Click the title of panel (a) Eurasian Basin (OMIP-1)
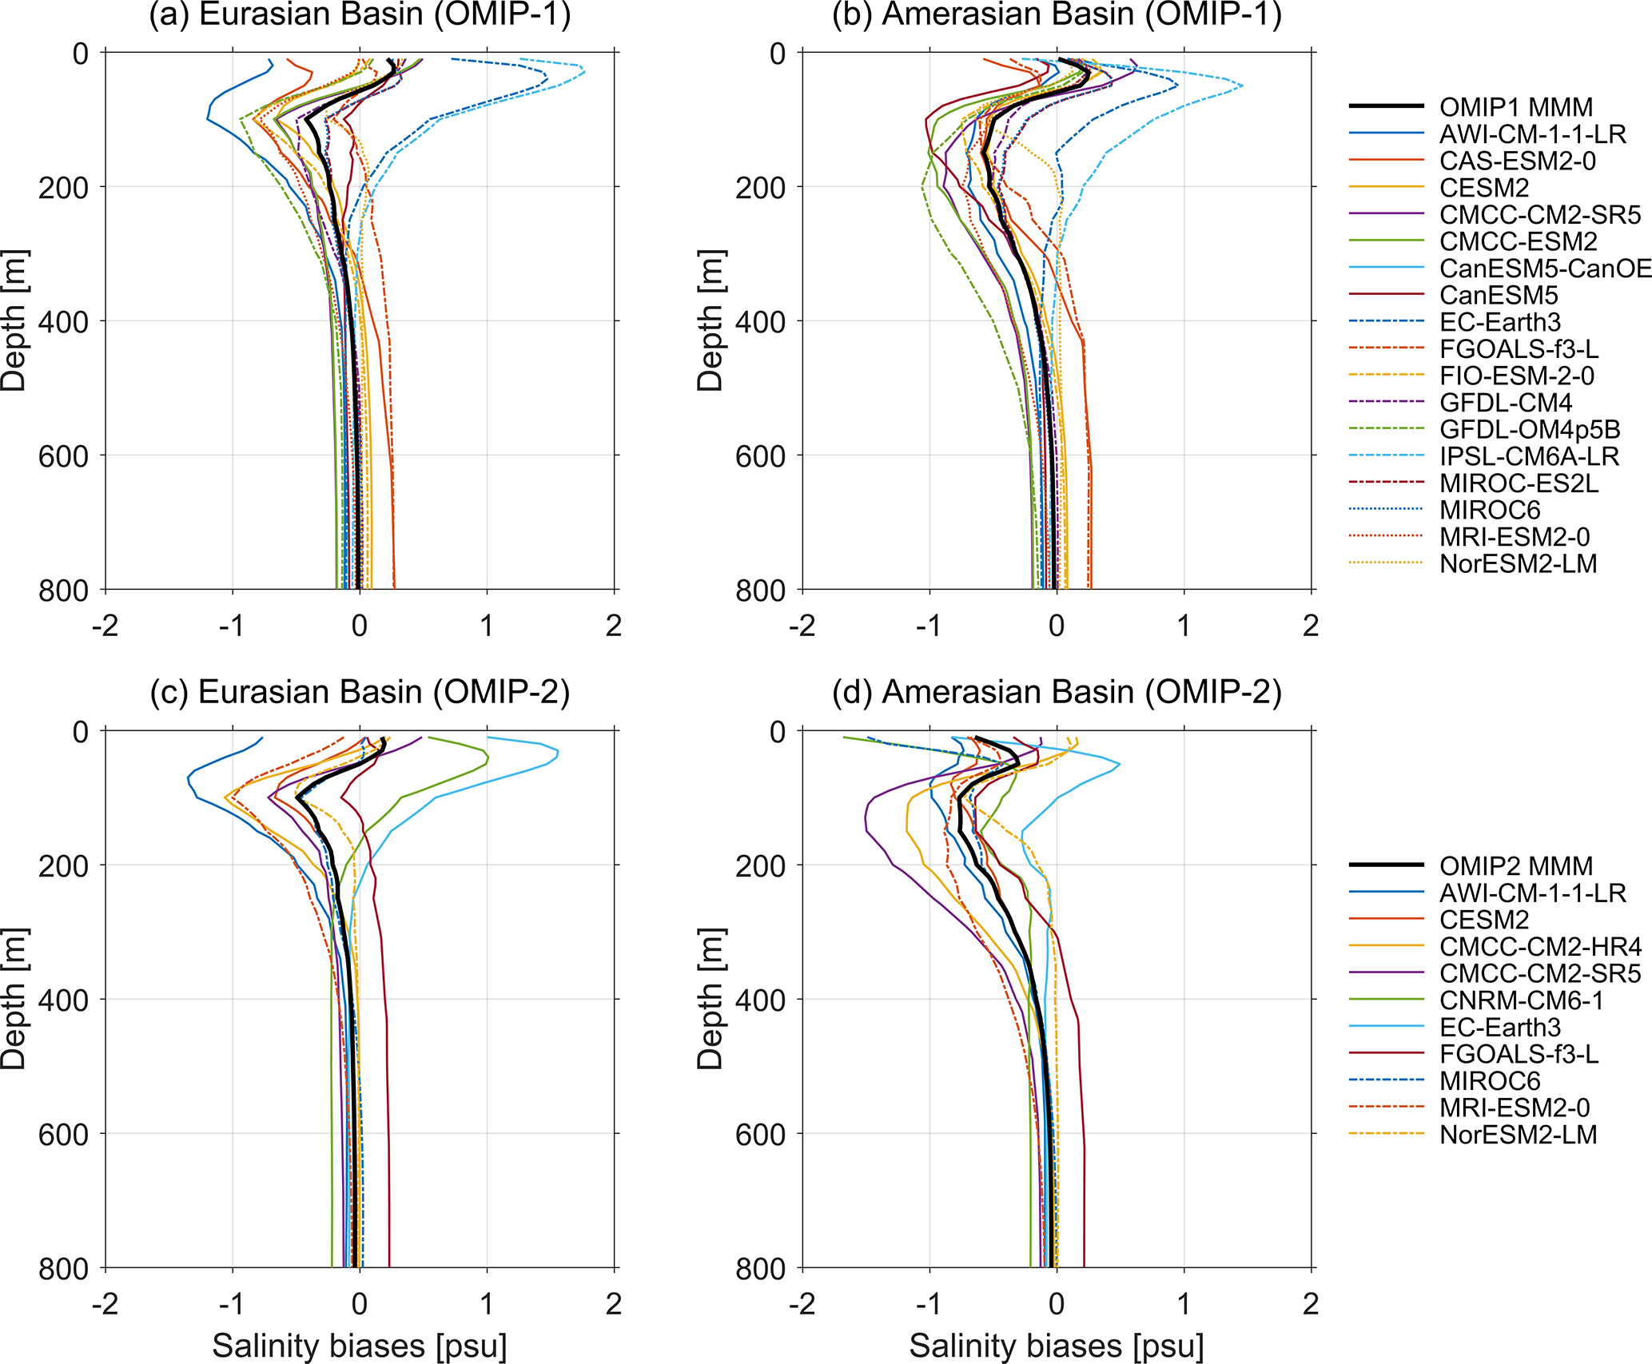360,15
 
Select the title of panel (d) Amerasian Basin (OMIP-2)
1057,692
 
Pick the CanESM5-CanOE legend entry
1544,268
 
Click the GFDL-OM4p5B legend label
1529,430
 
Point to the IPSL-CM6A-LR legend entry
1529,456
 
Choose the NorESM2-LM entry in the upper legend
1518,564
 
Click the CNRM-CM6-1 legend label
1521,1000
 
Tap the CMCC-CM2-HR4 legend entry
1540,947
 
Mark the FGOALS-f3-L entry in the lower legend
1519,1055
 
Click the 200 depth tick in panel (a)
63,187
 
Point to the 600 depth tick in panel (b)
760,455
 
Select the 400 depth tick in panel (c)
63,1000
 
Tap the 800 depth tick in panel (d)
760,1268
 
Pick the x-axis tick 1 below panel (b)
1184,626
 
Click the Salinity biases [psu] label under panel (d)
1057,1346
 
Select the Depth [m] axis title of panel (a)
14,320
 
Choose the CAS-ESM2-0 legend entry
1517,161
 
